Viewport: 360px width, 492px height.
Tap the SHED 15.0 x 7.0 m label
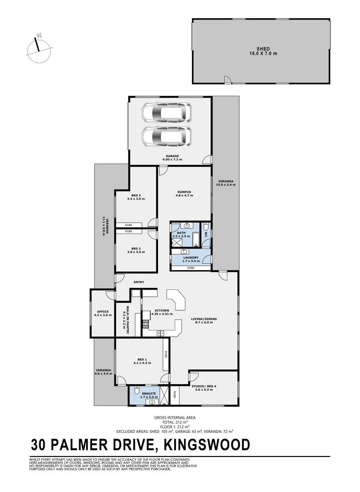click(260, 51)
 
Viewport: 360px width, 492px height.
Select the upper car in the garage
click(166, 112)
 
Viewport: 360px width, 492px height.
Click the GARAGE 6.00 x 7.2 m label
click(171, 158)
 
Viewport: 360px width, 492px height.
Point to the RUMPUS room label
click(184, 193)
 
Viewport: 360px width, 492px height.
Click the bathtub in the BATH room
click(196, 238)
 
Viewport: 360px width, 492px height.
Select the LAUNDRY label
click(190, 259)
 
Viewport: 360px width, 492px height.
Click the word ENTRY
click(139, 282)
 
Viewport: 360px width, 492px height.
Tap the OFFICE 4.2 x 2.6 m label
click(103, 313)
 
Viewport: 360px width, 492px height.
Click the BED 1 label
click(142, 361)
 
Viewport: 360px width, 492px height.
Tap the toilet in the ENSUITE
click(136, 389)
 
